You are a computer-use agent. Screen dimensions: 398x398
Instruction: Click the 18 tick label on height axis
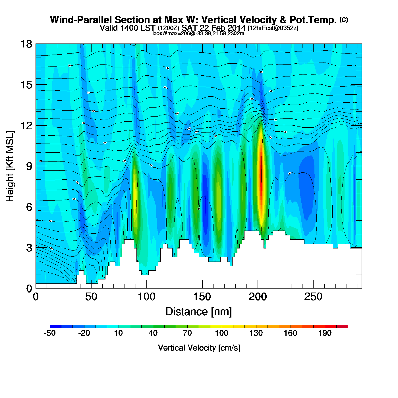point(26,44)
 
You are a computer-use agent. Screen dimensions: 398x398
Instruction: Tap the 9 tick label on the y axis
point(29,166)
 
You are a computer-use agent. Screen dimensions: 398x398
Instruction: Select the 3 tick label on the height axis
point(29,248)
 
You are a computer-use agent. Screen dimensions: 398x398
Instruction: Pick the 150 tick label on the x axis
point(202,297)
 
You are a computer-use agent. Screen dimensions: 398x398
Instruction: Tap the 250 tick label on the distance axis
point(313,297)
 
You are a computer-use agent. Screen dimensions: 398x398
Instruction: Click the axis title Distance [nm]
point(199,312)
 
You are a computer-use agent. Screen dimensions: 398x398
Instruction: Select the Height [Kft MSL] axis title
point(10,166)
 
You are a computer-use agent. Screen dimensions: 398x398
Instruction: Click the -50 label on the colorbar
point(50,333)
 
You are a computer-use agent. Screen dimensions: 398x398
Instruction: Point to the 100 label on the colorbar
point(221,333)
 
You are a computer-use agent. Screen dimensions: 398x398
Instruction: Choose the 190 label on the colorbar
point(325,333)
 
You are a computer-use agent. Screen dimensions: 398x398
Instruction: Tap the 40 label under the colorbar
point(153,333)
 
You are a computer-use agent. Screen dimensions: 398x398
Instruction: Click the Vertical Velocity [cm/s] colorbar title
point(199,348)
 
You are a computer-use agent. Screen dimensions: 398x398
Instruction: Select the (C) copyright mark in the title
point(343,20)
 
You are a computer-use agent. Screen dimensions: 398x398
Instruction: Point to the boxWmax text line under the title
point(199,33)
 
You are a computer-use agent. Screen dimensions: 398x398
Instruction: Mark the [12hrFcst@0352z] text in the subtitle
point(273,28)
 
